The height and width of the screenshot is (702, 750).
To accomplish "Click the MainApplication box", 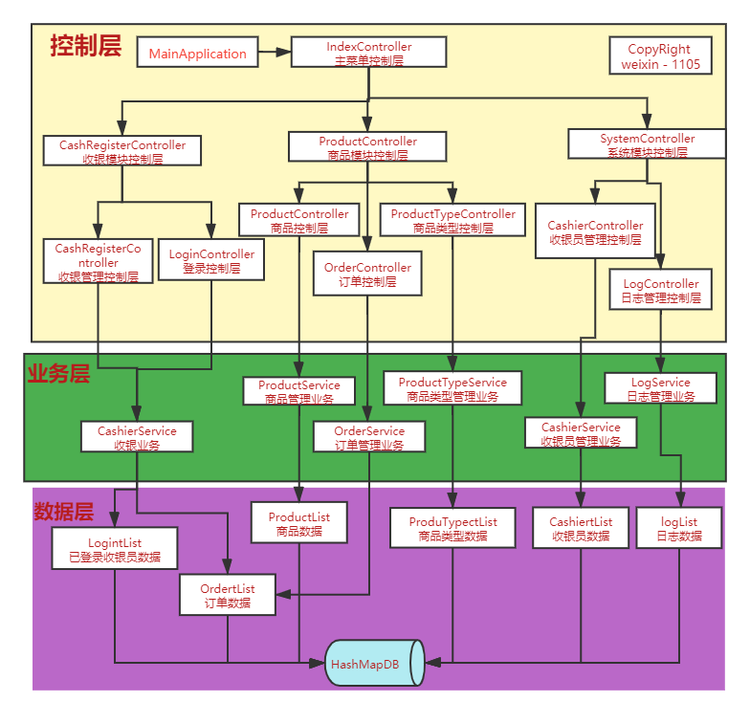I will (198, 54).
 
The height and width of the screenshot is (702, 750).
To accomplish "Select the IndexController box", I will (368, 53).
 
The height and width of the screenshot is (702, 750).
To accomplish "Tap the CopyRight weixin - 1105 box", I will (659, 57).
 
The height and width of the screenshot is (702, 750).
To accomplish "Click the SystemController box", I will (648, 144).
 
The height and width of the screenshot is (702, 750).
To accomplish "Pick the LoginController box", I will (211, 261).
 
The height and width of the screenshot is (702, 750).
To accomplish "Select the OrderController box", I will (367, 274).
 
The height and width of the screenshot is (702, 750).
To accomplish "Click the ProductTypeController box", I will (452, 221).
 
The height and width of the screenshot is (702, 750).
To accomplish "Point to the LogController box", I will (660, 291).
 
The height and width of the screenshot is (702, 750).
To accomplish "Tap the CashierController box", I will (595, 232).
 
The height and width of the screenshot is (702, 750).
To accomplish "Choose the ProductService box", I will (299, 391).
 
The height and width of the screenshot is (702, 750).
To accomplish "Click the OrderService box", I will (369, 437).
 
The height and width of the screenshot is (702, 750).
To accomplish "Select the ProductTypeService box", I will (452, 388).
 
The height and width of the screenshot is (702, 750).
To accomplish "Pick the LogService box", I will (660, 388).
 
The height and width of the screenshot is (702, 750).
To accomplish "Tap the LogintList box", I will (115, 549).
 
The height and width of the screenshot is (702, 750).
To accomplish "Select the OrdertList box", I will (228, 595).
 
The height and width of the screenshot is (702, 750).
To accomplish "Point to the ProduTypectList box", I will (452, 528).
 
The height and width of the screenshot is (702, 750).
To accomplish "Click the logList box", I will (679, 528).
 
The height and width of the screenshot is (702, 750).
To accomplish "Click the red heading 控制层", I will (85, 45).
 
